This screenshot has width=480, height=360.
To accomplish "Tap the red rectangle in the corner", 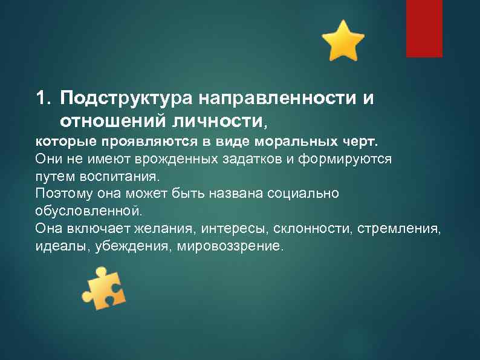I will pyautogui.click(x=424, y=28).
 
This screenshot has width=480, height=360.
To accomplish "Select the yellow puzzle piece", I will pyautogui.click(x=103, y=289).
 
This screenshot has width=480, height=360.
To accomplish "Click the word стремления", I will pyautogui.click(x=400, y=229).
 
